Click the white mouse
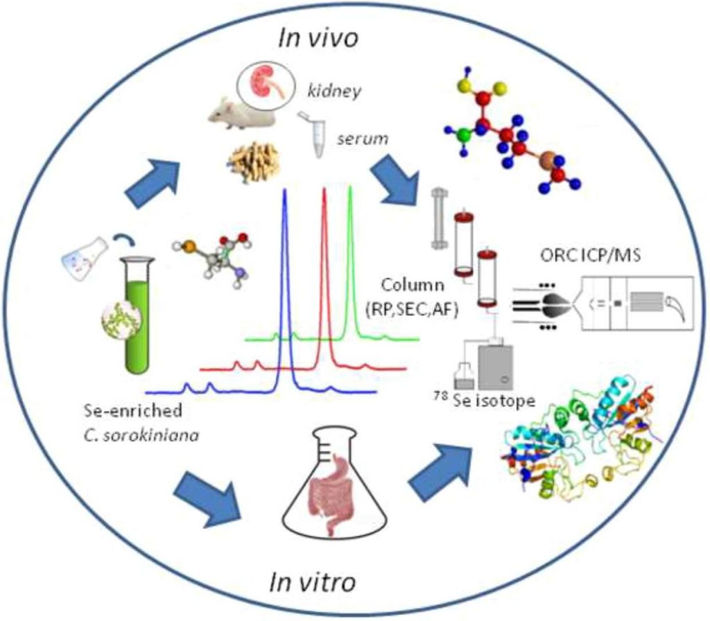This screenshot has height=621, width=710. tap(240, 113)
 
